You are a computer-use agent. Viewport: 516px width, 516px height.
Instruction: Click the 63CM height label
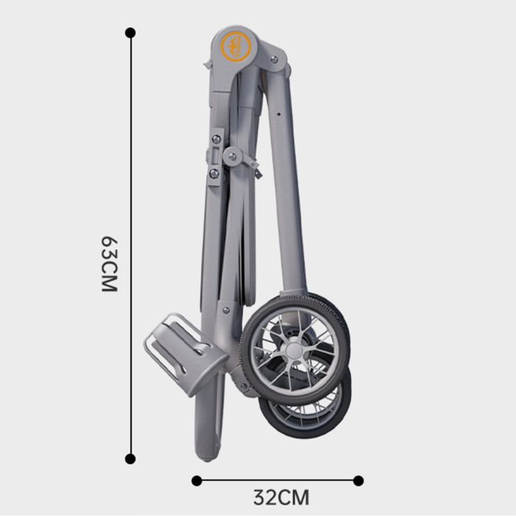tap(110, 264)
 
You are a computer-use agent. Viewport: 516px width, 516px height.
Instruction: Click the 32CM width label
tap(281, 498)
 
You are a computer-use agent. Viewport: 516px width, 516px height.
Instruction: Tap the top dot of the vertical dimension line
tap(130, 33)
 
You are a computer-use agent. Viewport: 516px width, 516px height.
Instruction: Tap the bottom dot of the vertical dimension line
tap(130, 459)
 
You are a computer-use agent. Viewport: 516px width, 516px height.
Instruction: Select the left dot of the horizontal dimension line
tap(197, 481)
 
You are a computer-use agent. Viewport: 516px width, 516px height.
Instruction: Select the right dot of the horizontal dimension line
tap(358, 481)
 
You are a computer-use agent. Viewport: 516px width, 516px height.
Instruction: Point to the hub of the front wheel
tap(294, 350)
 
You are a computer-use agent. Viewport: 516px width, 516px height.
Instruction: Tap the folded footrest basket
tap(186, 354)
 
